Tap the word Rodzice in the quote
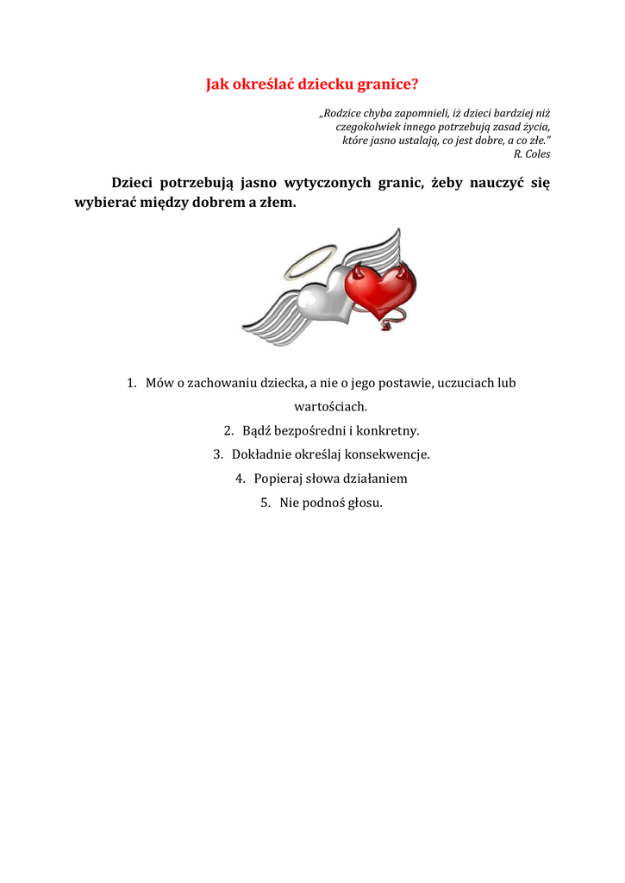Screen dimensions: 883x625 click(343, 113)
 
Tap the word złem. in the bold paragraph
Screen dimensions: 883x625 click(277, 203)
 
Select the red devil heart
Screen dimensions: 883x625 click(380, 289)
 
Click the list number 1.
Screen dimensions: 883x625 click(131, 383)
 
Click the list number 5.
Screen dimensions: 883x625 click(265, 502)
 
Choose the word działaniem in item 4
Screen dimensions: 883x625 click(376, 478)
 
